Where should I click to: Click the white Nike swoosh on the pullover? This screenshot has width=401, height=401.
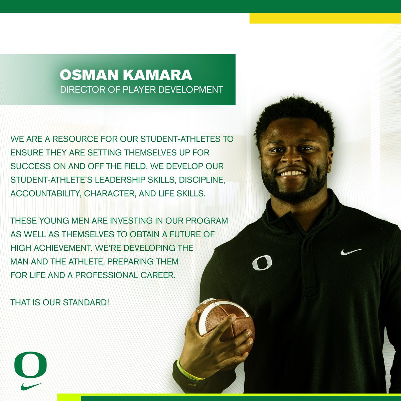coord(351,252)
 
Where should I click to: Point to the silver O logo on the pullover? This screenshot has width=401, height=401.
coord(262,263)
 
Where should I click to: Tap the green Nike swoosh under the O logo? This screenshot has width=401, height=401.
coord(31,386)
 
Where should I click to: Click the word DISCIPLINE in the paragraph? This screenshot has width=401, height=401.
coord(202,179)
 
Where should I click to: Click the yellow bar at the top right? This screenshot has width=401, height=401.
coord(325,18)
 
